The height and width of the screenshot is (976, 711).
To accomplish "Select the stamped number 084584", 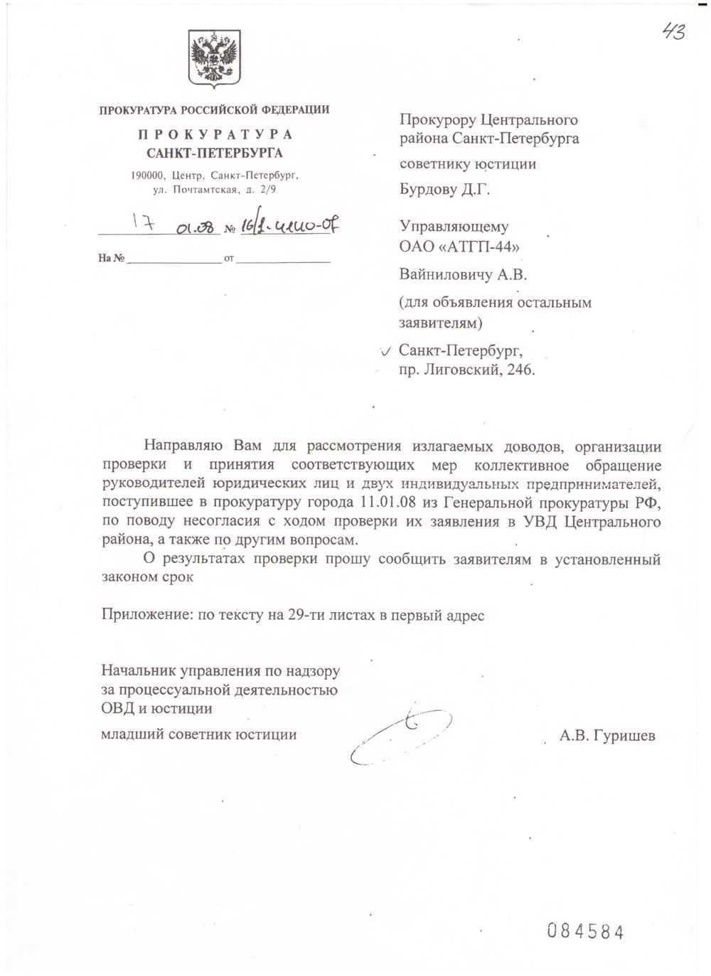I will pyautogui.click(x=585, y=932).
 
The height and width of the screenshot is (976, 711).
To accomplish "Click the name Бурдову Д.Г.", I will pyautogui.click(x=445, y=189).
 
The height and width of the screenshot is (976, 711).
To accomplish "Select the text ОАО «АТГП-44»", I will pyautogui.click(x=459, y=247).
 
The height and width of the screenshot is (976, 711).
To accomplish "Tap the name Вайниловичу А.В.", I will pyautogui.click(x=463, y=274).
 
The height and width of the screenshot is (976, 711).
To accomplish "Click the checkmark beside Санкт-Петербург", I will pyautogui.click(x=385, y=351).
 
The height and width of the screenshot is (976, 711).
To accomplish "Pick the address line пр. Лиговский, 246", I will pyautogui.click(x=466, y=370).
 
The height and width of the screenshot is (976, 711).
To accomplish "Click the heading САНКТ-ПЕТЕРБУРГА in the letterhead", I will pyautogui.click(x=214, y=153).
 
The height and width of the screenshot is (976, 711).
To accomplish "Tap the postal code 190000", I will pyautogui.click(x=148, y=176).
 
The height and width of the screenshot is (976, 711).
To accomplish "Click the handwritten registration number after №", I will pyautogui.click(x=288, y=226).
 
